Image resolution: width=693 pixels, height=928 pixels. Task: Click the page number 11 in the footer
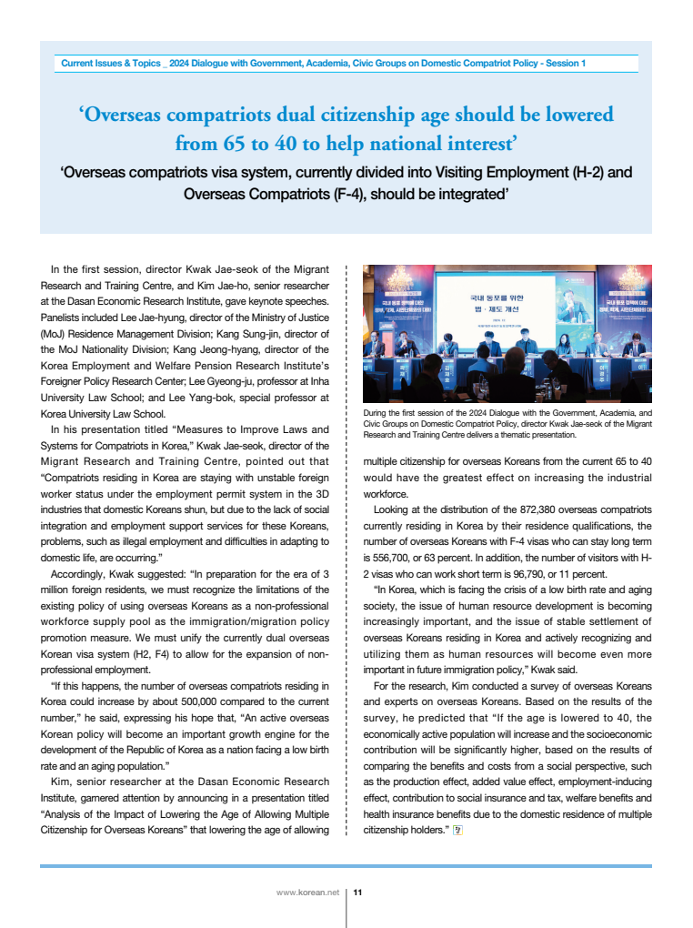click(x=357, y=893)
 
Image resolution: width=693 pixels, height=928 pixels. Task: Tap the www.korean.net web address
click(x=307, y=893)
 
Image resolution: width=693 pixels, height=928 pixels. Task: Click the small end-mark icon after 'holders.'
click(x=458, y=830)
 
